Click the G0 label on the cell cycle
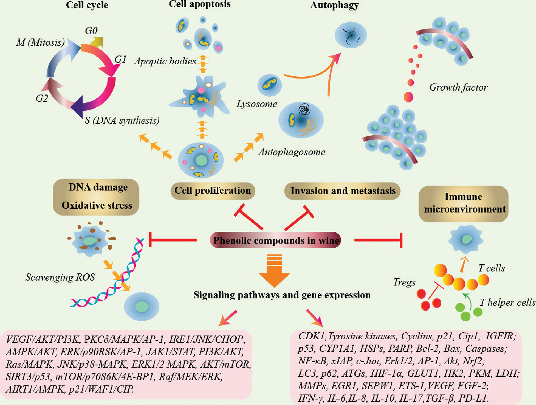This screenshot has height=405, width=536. [x=91, y=31]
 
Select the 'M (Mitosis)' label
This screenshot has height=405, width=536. [x=40, y=42]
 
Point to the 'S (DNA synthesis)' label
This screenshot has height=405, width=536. [x=122, y=120]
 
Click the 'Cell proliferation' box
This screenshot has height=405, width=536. [x=213, y=191]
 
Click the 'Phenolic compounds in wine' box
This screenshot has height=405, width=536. [x=276, y=240]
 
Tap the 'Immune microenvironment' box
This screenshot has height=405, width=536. [x=464, y=203]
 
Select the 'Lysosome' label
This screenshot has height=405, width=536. [x=257, y=104]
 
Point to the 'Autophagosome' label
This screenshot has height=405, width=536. [x=292, y=152]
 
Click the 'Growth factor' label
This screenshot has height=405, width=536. [x=458, y=87]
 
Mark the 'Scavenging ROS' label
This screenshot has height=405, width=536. [x=60, y=277]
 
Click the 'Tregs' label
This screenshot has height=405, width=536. [x=404, y=282]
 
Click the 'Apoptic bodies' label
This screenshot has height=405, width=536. [x=165, y=61]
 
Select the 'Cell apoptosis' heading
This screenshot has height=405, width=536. [x=200, y=5]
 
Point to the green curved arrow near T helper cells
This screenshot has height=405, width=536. [x=467, y=301]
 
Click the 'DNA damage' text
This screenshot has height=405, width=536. [x=98, y=187]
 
